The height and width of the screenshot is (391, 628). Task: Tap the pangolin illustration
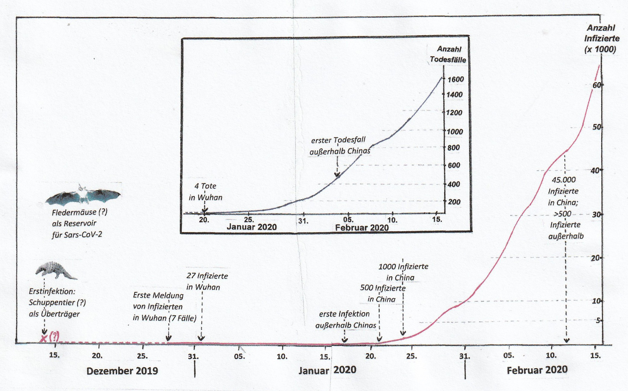tap(56, 270)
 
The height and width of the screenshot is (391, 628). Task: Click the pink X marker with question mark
tap(50, 337)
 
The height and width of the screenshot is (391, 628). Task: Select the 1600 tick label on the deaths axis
tap(455, 79)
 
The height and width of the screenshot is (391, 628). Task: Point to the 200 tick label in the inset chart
tap(454, 202)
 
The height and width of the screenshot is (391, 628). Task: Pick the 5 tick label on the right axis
tap(598, 320)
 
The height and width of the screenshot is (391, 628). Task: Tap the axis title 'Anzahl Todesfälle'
tap(448, 54)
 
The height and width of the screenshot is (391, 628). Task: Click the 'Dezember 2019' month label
tap(122, 371)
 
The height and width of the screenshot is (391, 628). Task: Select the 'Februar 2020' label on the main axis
tap(537, 370)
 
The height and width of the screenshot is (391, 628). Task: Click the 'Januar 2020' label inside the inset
tap(252, 227)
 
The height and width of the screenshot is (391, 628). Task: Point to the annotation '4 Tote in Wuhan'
tap(205, 192)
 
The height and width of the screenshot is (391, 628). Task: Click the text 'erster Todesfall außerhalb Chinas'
tap(339, 145)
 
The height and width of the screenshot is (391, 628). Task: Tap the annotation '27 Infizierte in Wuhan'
tap(207, 281)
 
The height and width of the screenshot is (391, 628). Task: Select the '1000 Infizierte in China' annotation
tap(403, 272)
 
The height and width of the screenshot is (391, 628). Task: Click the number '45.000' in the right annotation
tap(564, 180)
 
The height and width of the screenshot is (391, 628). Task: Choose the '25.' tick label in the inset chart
tap(249, 220)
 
